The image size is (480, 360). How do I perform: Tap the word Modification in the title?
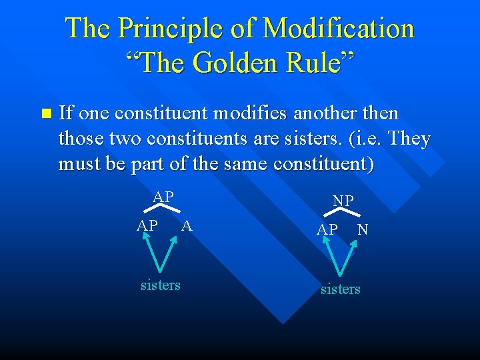(339, 29)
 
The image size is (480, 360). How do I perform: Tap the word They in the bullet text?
(406, 139)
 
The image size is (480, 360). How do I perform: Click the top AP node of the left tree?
(163, 197)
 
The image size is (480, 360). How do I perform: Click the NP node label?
(343, 201)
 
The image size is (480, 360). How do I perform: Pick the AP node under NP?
(327, 229)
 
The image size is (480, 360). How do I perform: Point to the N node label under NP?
(363, 229)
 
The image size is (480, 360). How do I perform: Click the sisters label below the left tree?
(160, 285)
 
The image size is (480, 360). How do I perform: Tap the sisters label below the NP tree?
(340, 289)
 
